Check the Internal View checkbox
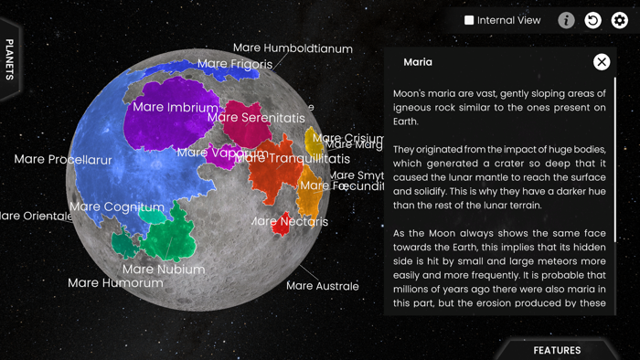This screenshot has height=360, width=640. click(469, 20)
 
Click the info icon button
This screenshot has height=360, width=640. click(567, 20)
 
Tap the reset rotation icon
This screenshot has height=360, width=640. click(593, 20)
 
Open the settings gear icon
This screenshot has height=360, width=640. click(620, 20)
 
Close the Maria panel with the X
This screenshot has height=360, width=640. click(602, 62)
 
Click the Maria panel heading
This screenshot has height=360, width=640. click(418, 62)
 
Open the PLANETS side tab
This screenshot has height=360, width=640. click(10, 59)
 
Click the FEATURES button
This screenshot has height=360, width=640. click(557, 350)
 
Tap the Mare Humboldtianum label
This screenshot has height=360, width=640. click(293, 48)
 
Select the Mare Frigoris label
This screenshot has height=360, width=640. click(235, 64)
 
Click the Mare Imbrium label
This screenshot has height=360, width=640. click(176, 107)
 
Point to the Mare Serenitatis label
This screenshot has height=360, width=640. click(256, 118)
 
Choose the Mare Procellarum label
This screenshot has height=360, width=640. click(63, 160)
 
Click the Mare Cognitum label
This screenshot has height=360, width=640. click(116, 206)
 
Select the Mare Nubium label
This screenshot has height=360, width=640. click(164, 270)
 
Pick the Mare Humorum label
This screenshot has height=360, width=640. click(115, 283)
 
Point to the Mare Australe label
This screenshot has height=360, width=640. click(323, 286)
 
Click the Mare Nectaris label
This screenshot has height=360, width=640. click(290, 221)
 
